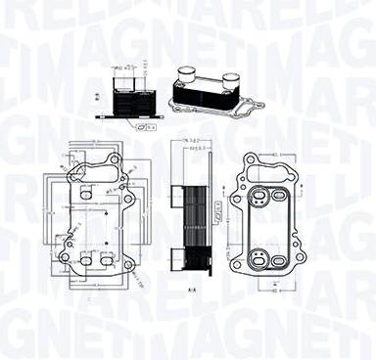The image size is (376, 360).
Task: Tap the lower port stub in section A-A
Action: [x=176, y=258]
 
